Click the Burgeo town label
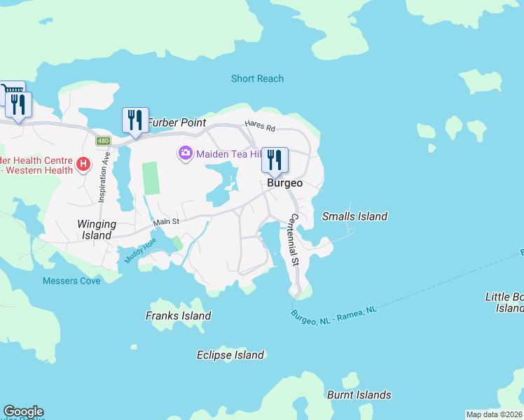click(x=284, y=183)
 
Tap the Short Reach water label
click(x=257, y=78)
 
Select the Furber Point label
click(x=177, y=122)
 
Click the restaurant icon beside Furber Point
click(x=135, y=120)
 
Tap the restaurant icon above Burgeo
click(x=275, y=160)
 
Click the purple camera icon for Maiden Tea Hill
click(x=186, y=153)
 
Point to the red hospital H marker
click(x=83, y=164)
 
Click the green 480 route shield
click(x=104, y=141)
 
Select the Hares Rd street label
click(x=260, y=127)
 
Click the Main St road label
click(x=167, y=222)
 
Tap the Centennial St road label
click(x=293, y=240)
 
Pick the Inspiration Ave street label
click(x=102, y=178)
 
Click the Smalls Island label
click(x=354, y=216)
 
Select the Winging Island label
click(x=97, y=230)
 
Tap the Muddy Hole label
click(x=138, y=251)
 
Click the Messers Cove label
click(x=71, y=281)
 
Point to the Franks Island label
click(x=178, y=316)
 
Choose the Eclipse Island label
click(x=230, y=355)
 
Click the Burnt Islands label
click(x=359, y=395)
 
